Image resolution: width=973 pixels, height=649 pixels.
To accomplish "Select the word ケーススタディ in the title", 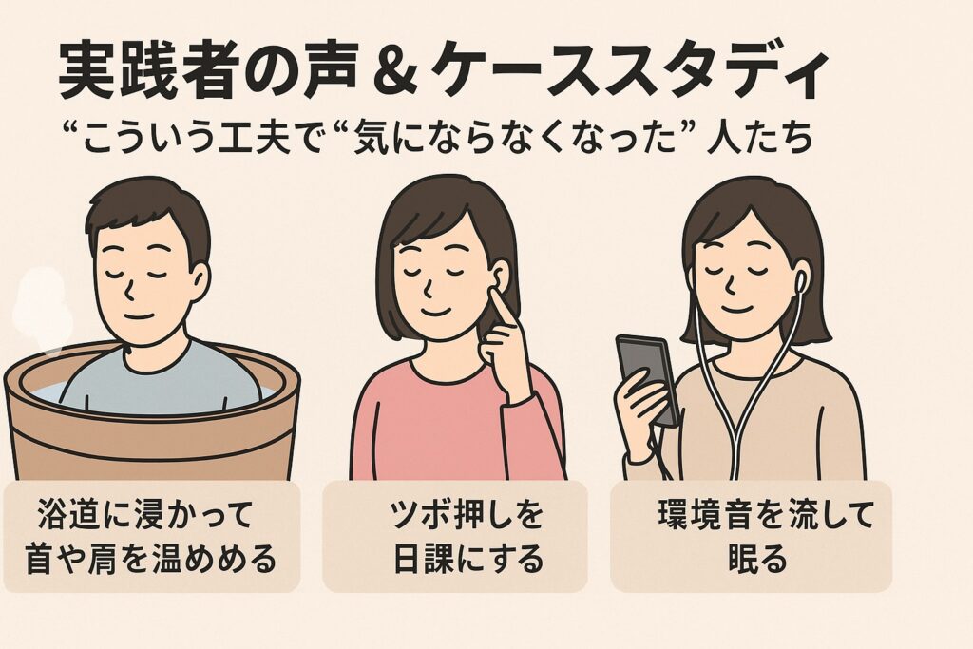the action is (629, 71).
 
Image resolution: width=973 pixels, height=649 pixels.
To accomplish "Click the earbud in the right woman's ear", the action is (801, 281).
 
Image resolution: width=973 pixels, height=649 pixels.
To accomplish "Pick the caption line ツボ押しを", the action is (467, 515).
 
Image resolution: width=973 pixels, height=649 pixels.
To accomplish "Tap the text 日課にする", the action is (467, 559).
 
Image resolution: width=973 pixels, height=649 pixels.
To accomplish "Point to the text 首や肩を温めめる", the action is (151, 559).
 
